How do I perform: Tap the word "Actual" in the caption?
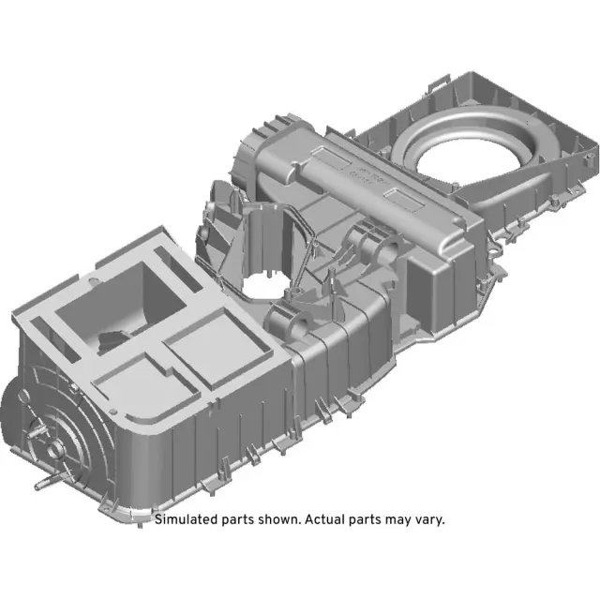point(323,519)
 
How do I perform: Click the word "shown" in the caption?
point(277,519)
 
